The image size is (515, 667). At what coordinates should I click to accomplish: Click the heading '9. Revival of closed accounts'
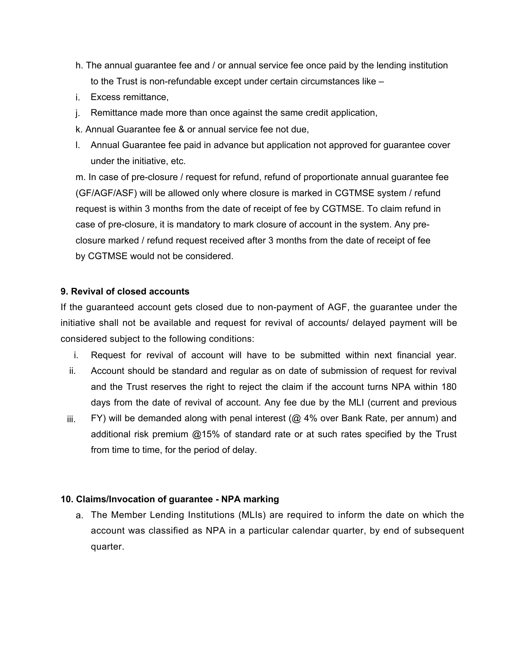(125, 291)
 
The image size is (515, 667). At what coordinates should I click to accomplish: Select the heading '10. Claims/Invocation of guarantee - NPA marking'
(170, 499)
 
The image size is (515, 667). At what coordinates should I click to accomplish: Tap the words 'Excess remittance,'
(130, 97)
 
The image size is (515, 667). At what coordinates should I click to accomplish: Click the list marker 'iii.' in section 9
(71, 420)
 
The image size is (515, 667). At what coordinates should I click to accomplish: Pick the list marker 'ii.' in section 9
(73, 371)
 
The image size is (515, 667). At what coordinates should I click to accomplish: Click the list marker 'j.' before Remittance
(77, 114)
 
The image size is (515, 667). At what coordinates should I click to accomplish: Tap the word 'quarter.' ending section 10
(107, 547)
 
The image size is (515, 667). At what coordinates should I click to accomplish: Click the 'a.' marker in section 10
(79, 516)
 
